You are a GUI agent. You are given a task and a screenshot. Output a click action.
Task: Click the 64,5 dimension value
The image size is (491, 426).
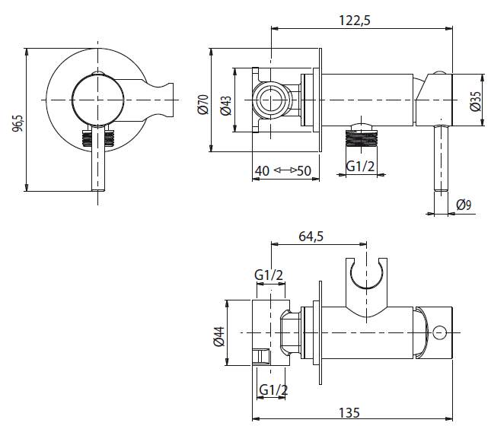(x=311, y=237)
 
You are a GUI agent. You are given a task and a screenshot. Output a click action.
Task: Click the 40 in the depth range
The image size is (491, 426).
(x=261, y=170)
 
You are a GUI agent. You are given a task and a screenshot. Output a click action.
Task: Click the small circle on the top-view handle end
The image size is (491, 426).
(x=439, y=332)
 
